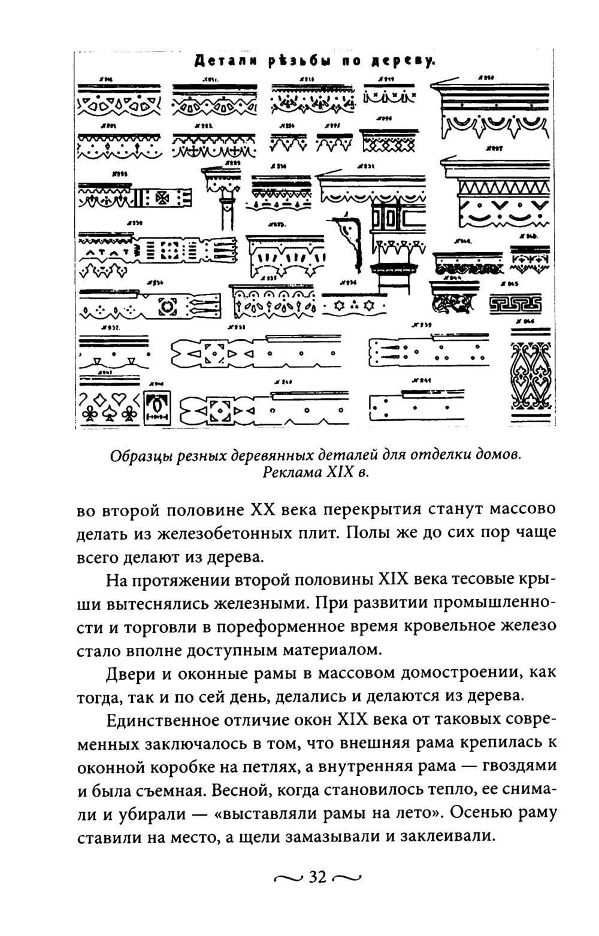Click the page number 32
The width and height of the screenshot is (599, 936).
tap(317, 878)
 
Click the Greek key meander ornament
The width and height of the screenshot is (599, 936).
tap(516, 304)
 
